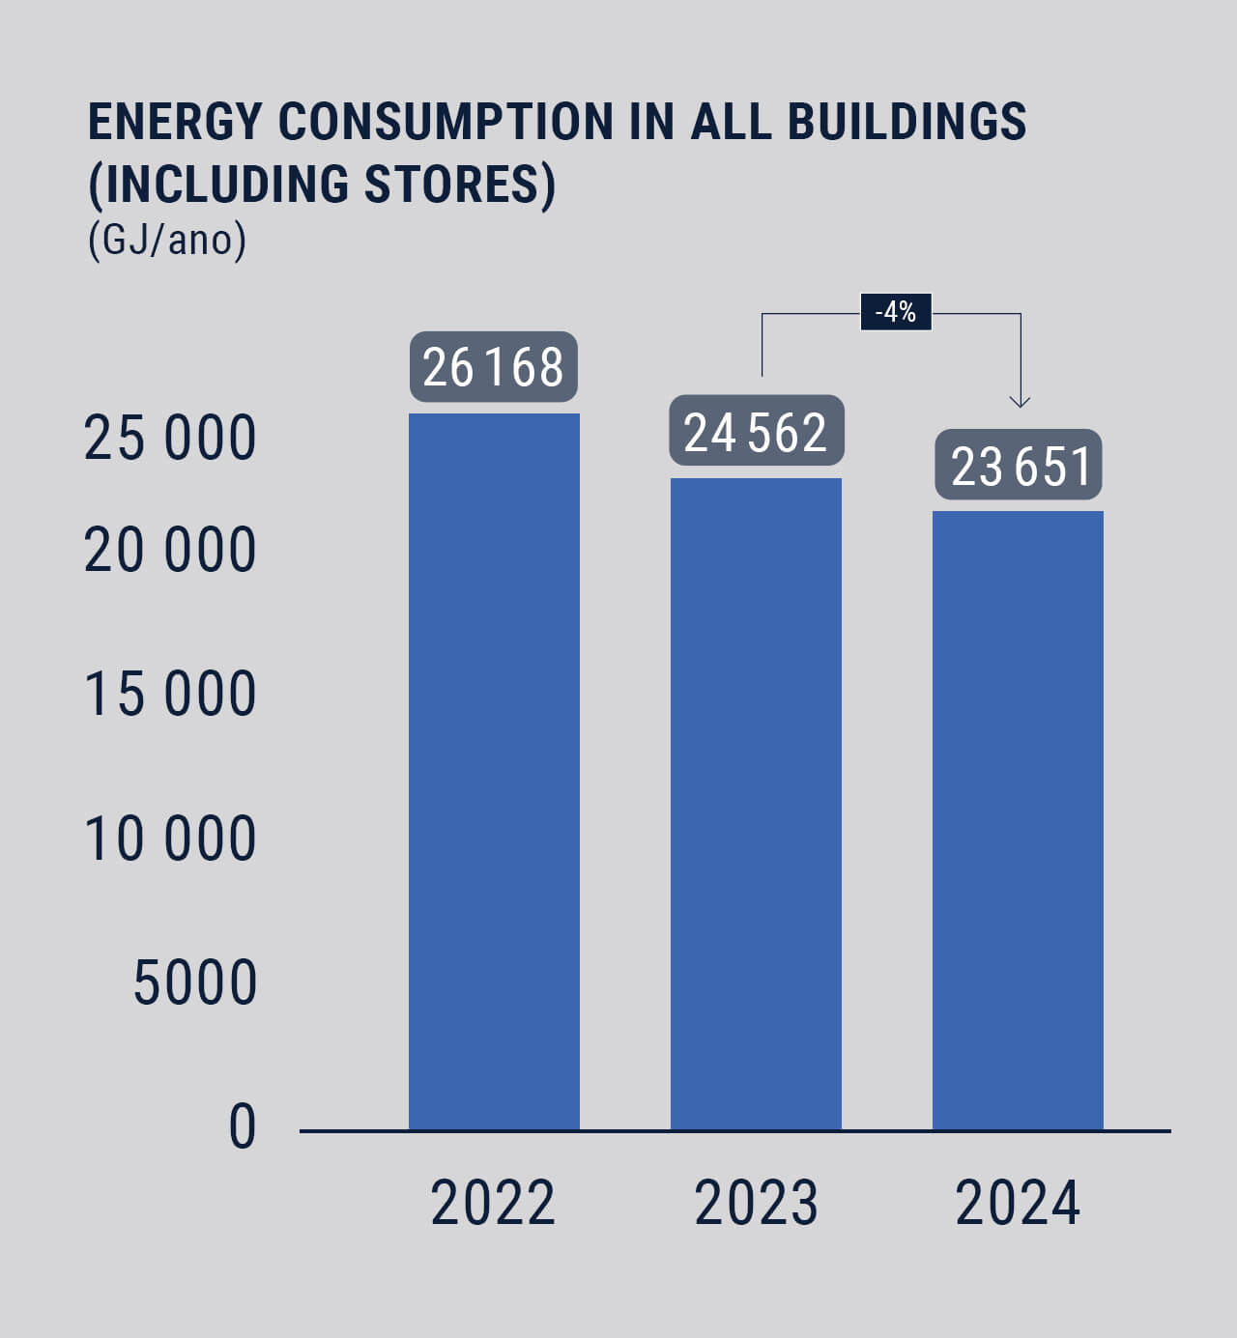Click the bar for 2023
[x=756, y=803]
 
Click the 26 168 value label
[x=494, y=367]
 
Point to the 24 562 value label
[x=757, y=431]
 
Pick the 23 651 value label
[x=1019, y=465]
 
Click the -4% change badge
[x=896, y=312]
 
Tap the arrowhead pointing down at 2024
[x=1020, y=400]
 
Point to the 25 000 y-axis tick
[x=170, y=438]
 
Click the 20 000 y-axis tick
[x=170, y=552]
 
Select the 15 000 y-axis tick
[x=170, y=694]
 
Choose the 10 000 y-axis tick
[x=170, y=838]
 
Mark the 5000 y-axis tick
[x=195, y=983]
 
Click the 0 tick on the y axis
[x=243, y=1126]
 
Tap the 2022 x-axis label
[x=493, y=1204]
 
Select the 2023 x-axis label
[x=756, y=1204]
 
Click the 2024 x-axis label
[x=1018, y=1204]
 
